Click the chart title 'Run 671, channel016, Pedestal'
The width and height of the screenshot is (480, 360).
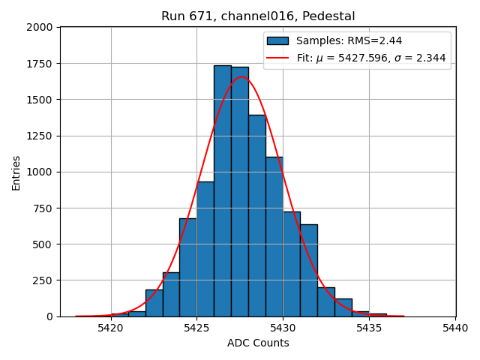click(x=258, y=16)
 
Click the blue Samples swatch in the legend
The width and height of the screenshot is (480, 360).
click(x=277, y=40)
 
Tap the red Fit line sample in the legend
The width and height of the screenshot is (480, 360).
click(x=277, y=58)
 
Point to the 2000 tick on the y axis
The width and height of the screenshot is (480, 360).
click(x=41, y=27)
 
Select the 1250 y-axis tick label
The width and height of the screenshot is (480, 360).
click(x=41, y=136)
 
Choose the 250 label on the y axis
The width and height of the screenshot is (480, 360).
click(x=44, y=280)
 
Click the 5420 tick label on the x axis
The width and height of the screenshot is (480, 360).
click(x=111, y=328)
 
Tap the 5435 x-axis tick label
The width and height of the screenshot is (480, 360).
click(x=369, y=328)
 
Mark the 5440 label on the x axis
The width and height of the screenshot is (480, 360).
click(x=455, y=328)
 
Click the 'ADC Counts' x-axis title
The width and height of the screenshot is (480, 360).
click(x=258, y=343)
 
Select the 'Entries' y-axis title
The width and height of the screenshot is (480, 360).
click(x=16, y=172)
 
